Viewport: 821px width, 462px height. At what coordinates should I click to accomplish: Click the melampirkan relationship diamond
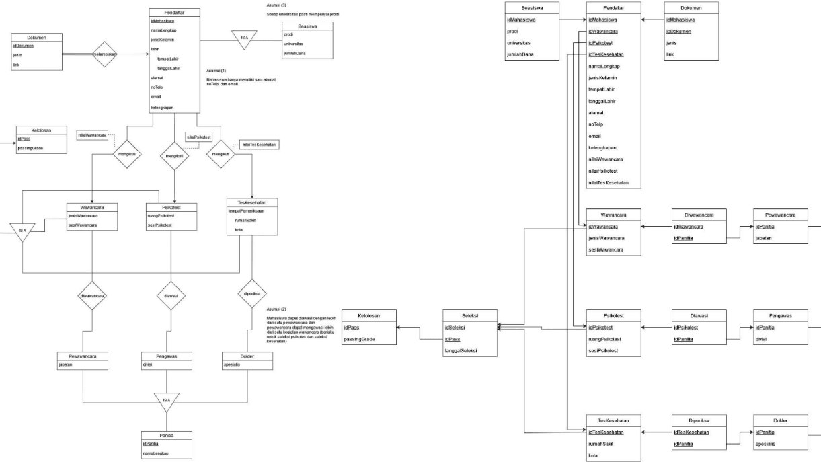pyautogui.click(x=104, y=54)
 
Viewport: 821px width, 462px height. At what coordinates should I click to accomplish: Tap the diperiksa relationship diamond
pyautogui.click(x=253, y=293)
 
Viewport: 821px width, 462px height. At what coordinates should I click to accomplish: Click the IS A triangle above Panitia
pyautogui.click(x=165, y=402)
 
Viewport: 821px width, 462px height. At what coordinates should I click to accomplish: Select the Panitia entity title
pyautogui.click(x=166, y=435)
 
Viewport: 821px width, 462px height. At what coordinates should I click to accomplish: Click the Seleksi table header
pyautogui.click(x=470, y=315)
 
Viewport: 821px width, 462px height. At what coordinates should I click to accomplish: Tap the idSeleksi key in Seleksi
pyautogui.click(x=457, y=327)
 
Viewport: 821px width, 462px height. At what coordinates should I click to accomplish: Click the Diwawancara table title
pyautogui.click(x=701, y=215)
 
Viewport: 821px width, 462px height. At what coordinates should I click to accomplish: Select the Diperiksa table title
pyautogui.click(x=701, y=420)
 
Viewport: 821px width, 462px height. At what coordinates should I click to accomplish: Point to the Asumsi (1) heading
pyautogui.click(x=217, y=71)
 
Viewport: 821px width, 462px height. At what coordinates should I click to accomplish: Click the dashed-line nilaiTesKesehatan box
pyautogui.click(x=260, y=145)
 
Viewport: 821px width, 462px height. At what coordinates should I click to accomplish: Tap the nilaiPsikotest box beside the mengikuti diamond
pyautogui.click(x=198, y=137)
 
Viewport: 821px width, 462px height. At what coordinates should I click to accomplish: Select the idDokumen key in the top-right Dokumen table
pyautogui.click(x=679, y=32)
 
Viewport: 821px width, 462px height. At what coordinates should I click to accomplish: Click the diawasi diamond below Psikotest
pyautogui.click(x=171, y=295)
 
